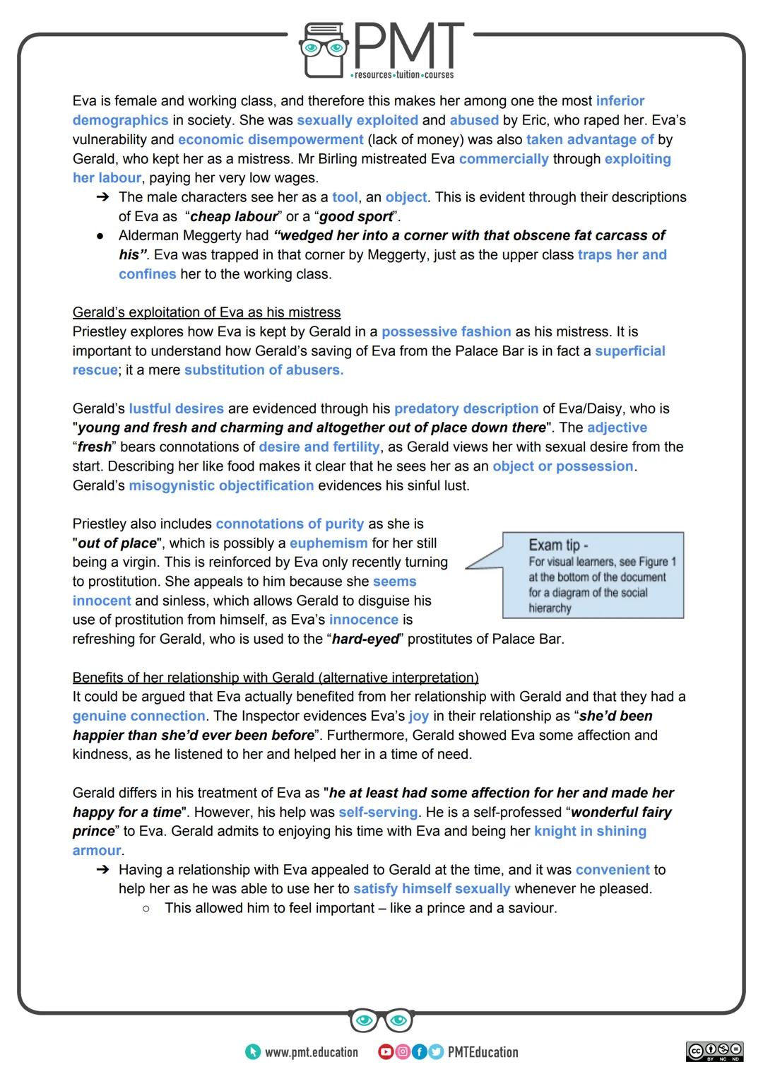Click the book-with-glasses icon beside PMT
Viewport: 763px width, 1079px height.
tap(324, 49)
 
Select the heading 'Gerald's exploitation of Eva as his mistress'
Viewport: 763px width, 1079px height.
tap(206, 312)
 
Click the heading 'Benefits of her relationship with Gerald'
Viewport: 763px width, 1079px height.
tap(275, 678)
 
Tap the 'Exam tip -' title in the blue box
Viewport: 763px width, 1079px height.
tap(558, 545)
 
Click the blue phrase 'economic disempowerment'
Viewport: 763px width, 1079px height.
tap(271, 140)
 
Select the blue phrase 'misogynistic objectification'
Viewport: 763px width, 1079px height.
tap(221, 485)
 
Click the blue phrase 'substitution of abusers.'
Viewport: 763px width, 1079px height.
tap(264, 370)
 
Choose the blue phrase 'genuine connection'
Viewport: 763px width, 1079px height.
tap(138, 717)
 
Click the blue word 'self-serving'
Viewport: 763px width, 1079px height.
tap(378, 813)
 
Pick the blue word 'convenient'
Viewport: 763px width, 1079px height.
tap(613, 870)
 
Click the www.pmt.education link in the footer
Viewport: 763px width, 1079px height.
tap(311, 1052)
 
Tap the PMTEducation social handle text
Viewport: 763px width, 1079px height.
tap(483, 1052)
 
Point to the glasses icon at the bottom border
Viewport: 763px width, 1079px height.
tap(381, 1020)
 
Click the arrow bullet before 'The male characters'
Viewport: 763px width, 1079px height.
tap(102, 198)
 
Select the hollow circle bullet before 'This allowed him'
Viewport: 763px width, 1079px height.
tap(146, 909)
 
